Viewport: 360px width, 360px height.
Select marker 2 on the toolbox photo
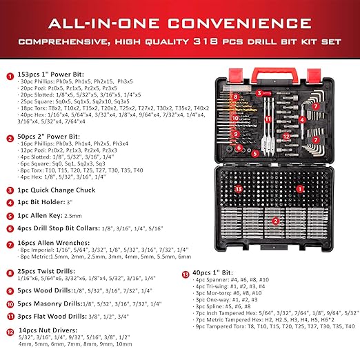click(275, 221)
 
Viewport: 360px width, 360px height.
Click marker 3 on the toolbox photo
click(259, 92)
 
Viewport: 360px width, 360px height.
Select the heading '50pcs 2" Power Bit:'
click(47, 137)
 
